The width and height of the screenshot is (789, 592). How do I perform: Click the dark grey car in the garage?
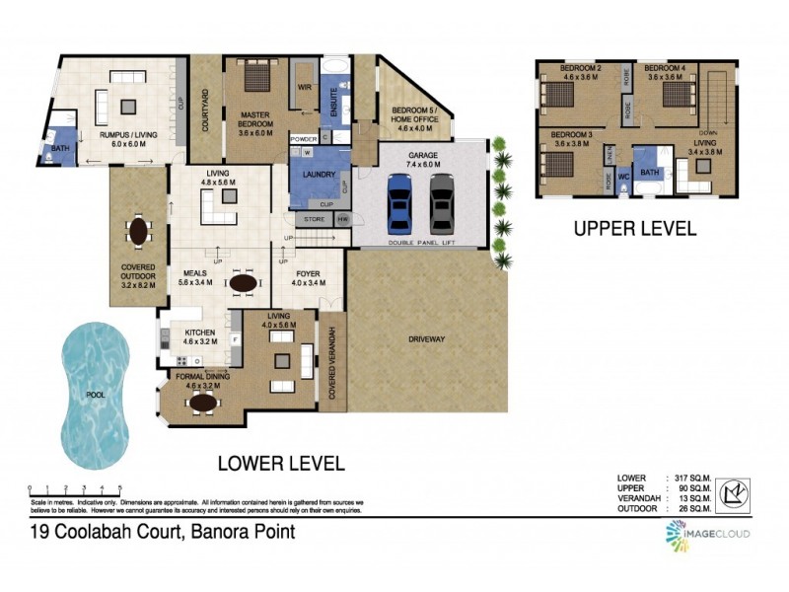pos(441,202)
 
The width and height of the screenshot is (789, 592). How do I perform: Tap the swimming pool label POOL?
pos(96,396)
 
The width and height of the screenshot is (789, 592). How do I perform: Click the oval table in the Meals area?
pos(243,283)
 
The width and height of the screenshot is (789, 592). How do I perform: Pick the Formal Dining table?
pos(203,402)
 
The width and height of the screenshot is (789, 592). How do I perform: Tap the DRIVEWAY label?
pos(427,339)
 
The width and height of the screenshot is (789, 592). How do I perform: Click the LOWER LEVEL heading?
pos(280,462)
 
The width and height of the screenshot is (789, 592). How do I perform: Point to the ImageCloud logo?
pos(706,536)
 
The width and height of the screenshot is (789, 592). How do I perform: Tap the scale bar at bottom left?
pos(76,488)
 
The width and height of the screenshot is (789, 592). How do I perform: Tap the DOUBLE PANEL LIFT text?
pos(420,242)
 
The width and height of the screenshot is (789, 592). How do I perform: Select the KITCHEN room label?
pos(200,333)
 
